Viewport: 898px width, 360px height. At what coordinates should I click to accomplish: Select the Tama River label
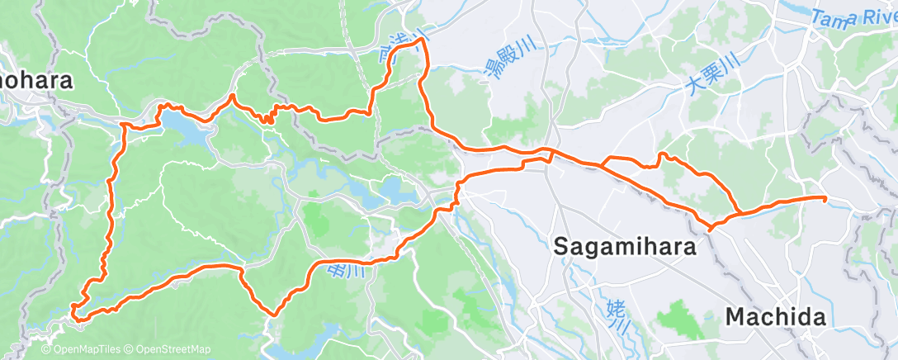853,17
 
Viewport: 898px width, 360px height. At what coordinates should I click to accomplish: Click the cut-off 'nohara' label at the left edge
36,82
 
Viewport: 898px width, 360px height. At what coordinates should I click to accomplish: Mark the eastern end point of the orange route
825,198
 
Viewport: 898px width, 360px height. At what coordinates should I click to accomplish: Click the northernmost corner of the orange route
423,39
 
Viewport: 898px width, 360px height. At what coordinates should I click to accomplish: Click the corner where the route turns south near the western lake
123,125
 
